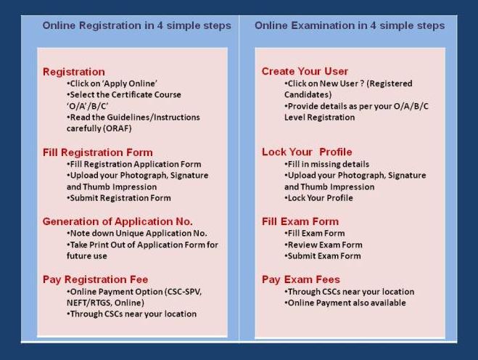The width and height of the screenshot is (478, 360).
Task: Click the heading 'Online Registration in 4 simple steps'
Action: click(136, 25)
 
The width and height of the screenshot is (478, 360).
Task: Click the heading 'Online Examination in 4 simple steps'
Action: click(350, 25)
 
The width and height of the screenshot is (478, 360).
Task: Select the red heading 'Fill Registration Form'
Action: click(97, 152)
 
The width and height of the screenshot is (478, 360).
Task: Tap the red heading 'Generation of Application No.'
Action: click(118, 221)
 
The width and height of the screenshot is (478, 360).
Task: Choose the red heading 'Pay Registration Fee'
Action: click(96, 279)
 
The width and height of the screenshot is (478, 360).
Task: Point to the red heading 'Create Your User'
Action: click(305, 71)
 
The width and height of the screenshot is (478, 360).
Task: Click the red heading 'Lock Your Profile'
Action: click(307, 152)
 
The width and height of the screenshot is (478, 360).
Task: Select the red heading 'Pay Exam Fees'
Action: click(301, 279)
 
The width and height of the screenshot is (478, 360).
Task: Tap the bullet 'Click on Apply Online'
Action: click(112, 83)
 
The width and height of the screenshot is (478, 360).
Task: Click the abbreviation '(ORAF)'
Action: click(118, 128)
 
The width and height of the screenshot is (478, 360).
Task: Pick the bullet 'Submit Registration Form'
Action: click(118, 198)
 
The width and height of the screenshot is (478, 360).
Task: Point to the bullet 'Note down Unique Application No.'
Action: click(137, 234)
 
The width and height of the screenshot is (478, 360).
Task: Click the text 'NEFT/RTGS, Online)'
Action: click(105, 303)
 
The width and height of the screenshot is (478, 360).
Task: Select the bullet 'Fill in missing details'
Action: click(327, 165)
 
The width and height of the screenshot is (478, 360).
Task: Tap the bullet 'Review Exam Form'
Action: click(324, 245)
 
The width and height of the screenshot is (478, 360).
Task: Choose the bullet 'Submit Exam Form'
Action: click(323, 256)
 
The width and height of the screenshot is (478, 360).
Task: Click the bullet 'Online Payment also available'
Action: click(345, 303)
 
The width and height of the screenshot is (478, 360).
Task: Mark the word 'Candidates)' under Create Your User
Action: click(308, 94)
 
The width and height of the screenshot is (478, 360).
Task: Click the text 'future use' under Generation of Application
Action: click(87, 256)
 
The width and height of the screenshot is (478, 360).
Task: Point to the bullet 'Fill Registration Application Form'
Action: click(134, 165)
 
